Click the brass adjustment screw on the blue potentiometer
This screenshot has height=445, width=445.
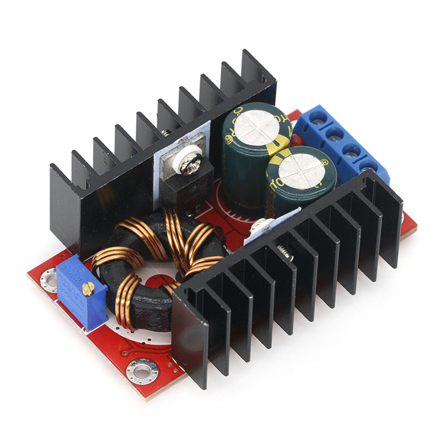(88, 288)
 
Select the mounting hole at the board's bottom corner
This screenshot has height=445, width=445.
(143, 369)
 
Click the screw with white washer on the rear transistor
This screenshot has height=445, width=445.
(185, 161)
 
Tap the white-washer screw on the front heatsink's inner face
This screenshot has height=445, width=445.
(260, 225)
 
